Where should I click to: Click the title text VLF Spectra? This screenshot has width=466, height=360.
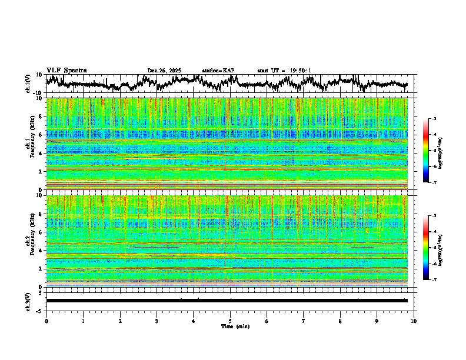point(66,70)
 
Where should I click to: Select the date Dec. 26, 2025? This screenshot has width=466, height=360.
point(164,71)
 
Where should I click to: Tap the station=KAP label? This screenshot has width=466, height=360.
point(218,71)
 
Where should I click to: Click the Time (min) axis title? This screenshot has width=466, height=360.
point(235,326)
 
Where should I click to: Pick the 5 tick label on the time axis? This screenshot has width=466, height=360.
point(230,321)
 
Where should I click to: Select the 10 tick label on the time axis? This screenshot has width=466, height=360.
point(414,321)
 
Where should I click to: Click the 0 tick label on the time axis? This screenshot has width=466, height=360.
point(46,321)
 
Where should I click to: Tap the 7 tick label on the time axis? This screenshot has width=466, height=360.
point(304,321)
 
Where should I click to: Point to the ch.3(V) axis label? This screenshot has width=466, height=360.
point(28,301)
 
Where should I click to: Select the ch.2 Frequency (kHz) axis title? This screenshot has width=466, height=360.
point(29,241)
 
